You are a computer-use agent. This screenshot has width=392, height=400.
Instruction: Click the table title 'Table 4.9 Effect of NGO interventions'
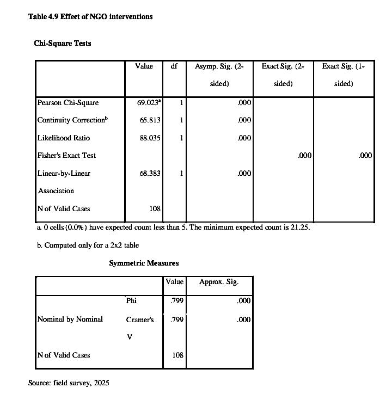[x=90, y=16]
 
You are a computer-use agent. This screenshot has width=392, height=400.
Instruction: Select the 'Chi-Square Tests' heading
[x=63, y=43]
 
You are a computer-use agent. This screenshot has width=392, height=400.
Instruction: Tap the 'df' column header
[x=174, y=66]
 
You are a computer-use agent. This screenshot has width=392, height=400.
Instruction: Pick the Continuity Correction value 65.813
[x=150, y=120]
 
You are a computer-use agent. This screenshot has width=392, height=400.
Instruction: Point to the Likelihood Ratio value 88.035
[x=150, y=138]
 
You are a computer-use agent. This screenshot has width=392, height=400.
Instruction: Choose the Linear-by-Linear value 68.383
[x=150, y=174]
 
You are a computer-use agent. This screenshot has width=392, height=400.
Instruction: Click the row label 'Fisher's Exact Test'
[x=66, y=156]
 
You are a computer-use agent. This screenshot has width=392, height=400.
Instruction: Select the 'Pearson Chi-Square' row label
[x=68, y=102]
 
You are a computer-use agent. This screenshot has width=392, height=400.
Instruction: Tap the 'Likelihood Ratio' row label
[x=64, y=138]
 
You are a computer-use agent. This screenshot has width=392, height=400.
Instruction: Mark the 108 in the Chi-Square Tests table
[x=155, y=209]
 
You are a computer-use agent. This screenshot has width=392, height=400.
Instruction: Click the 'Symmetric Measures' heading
[x=144, y=263]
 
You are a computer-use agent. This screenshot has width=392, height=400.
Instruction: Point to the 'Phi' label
[x=131, y=301]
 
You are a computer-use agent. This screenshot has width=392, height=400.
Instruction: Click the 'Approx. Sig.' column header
[x=219, y=282]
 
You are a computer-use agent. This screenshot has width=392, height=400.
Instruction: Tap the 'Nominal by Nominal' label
[x=70, y=319]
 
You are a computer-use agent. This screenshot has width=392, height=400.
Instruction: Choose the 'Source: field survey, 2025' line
[x=69, y=383]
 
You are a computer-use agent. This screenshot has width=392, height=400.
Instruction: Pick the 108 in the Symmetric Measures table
[x=177, y=355]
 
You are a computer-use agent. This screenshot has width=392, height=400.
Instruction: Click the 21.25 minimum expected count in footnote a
[x=299, y=227]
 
